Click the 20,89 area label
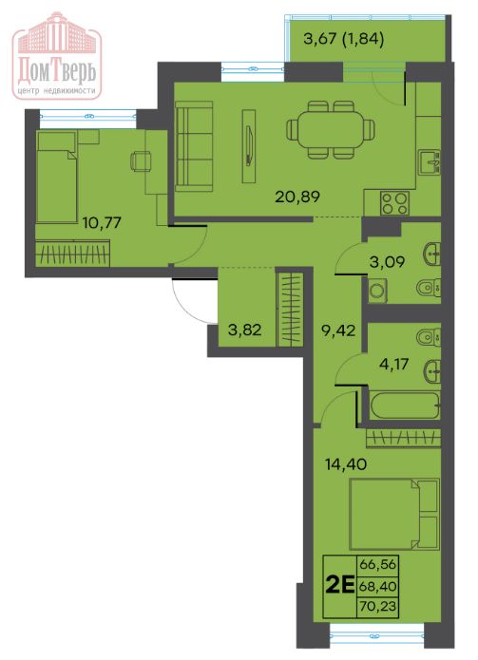(297, 197)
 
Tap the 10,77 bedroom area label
(102, 222)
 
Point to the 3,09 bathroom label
(387, 262)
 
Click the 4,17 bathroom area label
(393, 364)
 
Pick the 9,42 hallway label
(338, 330)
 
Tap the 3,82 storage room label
(244, 330)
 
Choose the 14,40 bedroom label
(346, 464)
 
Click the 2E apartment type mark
(340, 586)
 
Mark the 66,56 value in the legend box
(378, 564)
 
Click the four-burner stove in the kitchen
(394, 202)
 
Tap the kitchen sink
(430, 163)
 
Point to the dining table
(331, 129)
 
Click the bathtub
(405, 405)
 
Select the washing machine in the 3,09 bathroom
(378, 290)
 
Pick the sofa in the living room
(194, 146)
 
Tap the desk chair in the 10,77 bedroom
(141, 161)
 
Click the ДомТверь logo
(57, 56)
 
